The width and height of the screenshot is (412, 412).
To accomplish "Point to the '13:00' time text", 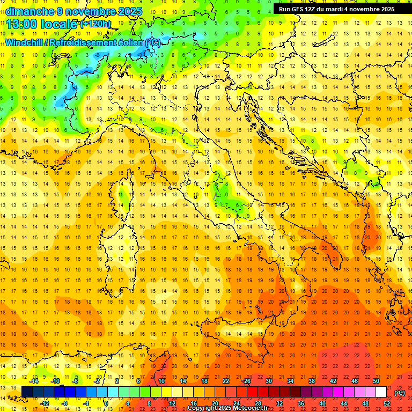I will (x=22, y=24).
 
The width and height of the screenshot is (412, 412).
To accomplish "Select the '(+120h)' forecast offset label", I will (x=95, y=24).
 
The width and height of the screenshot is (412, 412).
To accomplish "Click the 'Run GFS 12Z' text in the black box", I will (x=298, y=9).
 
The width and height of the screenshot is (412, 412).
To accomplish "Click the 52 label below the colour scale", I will (x=387, y=403).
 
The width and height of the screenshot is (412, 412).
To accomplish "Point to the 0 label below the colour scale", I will (x=107, y=403).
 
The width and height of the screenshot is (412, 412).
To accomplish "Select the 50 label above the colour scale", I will (x=376, y=381).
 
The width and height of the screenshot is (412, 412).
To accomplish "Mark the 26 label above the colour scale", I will (x=247, y=381).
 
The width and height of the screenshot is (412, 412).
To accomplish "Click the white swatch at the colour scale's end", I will (x=381, y=392).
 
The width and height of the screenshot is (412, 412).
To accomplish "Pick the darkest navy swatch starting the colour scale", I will (x=27, y=392).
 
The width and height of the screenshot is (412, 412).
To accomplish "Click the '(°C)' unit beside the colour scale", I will (x=400, y=392).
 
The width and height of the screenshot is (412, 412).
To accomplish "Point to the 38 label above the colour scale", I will (x=311, y=381).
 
